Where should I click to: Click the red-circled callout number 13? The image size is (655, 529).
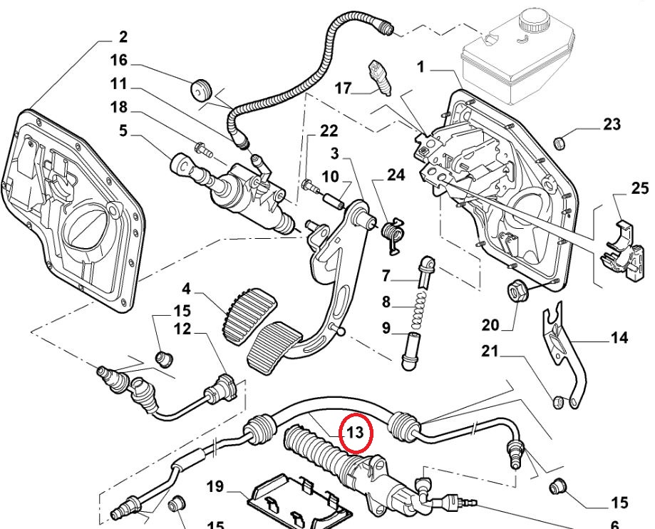pos(355,432)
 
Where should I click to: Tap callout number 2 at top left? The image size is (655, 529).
pos(123,36)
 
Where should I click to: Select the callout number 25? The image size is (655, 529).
pos(639,188)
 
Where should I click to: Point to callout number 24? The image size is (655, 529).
pos(396,175)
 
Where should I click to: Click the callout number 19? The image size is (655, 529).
pos(215,488)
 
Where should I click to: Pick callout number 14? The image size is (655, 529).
pos(619,338)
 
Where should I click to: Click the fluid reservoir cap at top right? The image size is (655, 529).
pos(538,21)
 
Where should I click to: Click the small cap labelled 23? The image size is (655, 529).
pos(560,142)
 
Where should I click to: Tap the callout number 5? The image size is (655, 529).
pos(123,131)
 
